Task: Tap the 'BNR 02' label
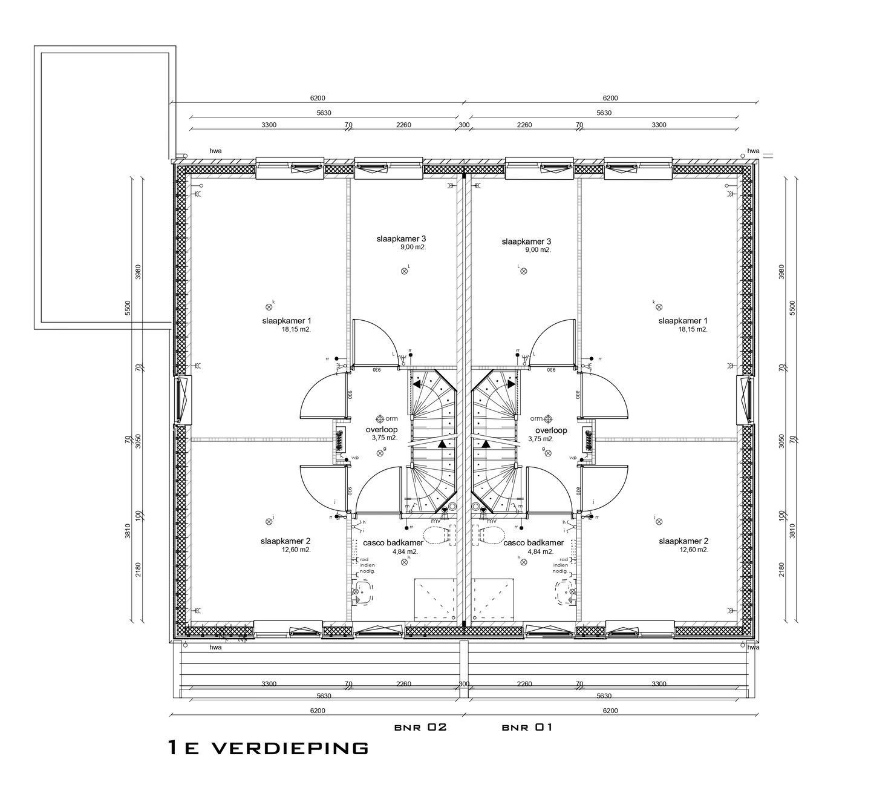pos(420,727)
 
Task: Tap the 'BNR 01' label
pos(526,727)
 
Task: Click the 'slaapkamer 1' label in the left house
pos(287,321)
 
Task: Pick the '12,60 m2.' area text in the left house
pos(296,550)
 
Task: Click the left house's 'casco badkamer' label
pos(393,543)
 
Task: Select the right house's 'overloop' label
pos(551,430)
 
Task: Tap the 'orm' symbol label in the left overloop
pos(392,418)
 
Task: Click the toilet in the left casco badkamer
pos(438,535)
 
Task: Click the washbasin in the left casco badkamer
pos(361,593)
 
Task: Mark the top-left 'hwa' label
pos(215,151)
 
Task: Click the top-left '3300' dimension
pos(269,125)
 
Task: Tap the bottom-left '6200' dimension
pos(318,711)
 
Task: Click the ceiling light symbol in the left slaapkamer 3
pos(405,271)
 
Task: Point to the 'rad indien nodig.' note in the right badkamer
pos(562,565)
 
